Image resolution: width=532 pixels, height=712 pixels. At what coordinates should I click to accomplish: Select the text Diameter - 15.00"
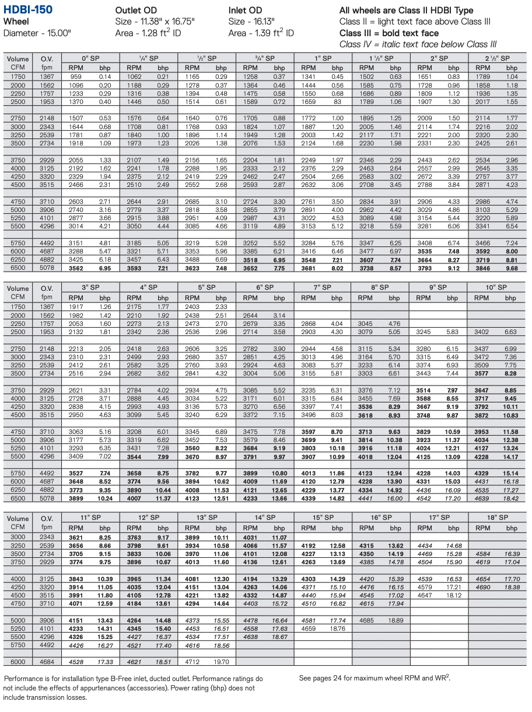tap(37, 33)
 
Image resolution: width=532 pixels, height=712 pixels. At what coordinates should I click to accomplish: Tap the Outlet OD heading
tap(136, 11)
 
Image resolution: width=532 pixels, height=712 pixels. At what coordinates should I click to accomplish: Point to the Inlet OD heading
tap(245, 11)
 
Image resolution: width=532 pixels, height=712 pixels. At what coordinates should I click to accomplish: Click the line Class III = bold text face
tap(389, 33)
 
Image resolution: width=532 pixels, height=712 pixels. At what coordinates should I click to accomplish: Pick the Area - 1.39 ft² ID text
tap(261, 33)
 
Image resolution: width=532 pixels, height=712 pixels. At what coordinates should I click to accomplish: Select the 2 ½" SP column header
tap(497, 58)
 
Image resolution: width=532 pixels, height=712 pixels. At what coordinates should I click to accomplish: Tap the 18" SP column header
tap(497, 517)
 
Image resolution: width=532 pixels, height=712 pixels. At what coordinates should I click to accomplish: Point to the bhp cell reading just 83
tap(338, 102)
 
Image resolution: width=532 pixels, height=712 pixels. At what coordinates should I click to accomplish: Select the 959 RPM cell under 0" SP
tap(76, 77)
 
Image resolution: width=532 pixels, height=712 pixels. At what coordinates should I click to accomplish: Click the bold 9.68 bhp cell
tap(512, 268)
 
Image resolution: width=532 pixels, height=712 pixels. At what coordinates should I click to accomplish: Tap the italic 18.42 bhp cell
tap(510, 498)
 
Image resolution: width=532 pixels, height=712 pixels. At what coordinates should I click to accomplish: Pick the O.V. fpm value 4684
tap(47, 662)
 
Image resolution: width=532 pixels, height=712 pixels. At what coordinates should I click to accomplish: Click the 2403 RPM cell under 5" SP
tap(192, 307)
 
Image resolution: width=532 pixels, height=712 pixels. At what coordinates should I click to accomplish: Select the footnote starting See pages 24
tap(374, 678)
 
